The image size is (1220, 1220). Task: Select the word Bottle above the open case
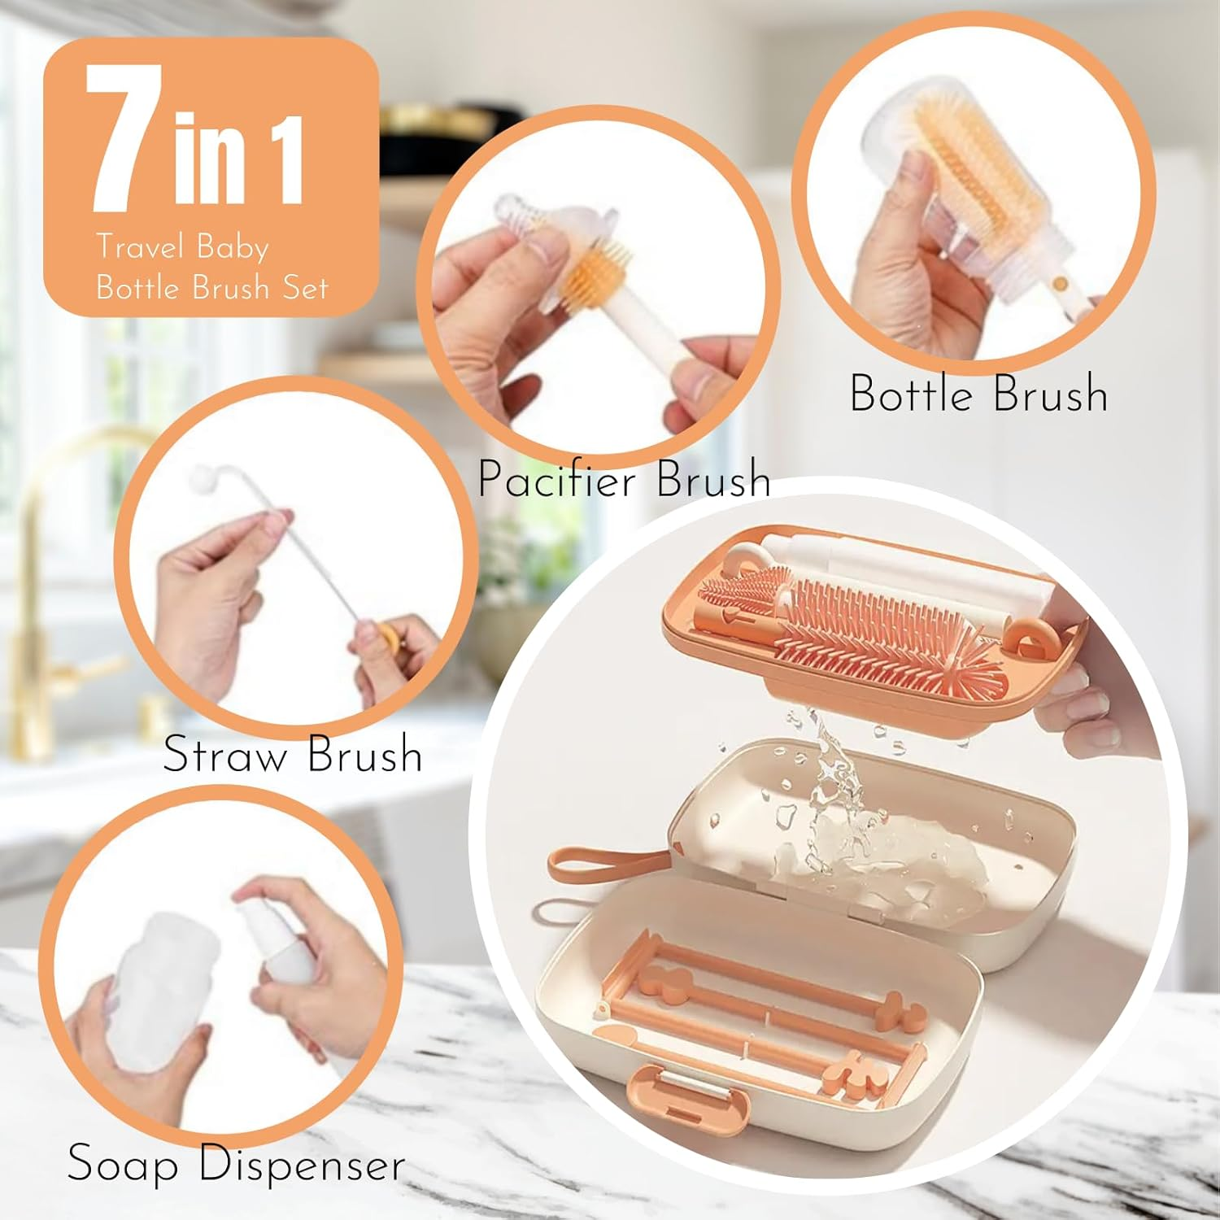911,394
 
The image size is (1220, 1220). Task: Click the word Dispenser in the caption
302,1165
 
